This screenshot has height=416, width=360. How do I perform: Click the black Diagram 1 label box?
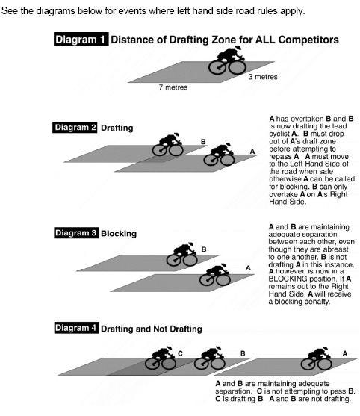click(81, 40)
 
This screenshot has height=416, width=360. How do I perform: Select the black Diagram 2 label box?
click(75, 128)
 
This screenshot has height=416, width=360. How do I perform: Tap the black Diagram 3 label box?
click(76, 233)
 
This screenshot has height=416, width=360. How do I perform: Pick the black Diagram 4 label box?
click(77, 328)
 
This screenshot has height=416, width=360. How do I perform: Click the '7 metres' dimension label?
click(173, 87)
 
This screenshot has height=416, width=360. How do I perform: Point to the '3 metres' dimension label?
click(263, 77)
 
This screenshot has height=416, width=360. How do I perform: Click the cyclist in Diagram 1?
click(227, 60)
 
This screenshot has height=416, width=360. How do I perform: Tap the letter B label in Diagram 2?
click(203, 142)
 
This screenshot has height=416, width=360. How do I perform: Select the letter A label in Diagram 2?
click(252, 151)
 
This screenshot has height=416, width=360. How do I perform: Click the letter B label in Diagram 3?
click(204, 249)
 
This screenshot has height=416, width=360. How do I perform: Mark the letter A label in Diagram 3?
click(248, 267)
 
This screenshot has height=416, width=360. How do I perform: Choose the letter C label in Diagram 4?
click(181, 353)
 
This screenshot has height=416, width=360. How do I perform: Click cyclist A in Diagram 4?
click(317, 358)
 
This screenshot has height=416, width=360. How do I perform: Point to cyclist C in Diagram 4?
click(161, 358)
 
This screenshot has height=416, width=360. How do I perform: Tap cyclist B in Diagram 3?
click(182, 254)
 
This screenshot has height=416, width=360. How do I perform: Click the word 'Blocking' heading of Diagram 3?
click(119, 234)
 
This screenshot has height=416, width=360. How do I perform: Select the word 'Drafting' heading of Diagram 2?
click(117, 128)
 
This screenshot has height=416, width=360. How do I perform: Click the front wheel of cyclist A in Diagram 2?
click(228, 160)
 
